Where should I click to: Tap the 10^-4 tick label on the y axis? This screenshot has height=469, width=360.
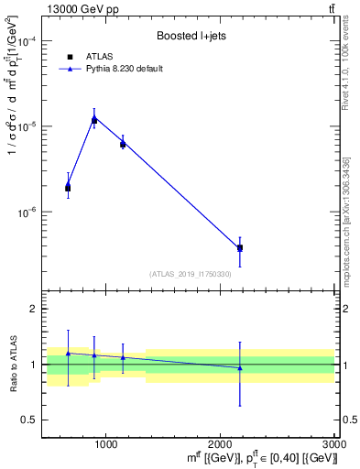point(25,42)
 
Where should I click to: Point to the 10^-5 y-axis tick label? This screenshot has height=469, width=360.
point(25,126)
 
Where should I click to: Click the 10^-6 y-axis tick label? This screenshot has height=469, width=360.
point(25,212)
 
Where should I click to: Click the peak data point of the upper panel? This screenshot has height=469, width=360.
point(93,119)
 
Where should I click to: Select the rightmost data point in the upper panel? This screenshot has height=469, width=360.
point(240,247)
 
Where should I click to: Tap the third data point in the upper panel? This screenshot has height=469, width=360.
point(123,143)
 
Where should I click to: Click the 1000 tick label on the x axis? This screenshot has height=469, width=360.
point(105,443)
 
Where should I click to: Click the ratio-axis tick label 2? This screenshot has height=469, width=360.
point(31,310)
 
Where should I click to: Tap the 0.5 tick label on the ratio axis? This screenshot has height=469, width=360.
point(27,420)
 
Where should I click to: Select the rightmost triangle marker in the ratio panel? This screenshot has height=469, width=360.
point(240,368)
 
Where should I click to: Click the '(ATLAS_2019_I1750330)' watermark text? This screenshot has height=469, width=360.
point(191,274)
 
